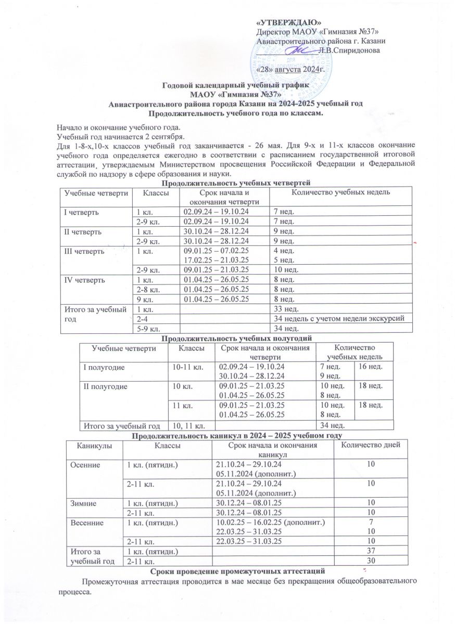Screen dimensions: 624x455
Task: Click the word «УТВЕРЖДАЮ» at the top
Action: [x=289, y=22]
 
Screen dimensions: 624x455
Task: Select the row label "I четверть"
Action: [x=79, y=212]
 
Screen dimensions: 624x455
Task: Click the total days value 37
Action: [x=371, y=551]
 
